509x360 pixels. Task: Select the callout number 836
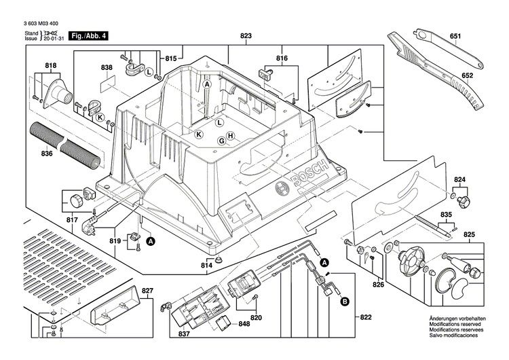46,154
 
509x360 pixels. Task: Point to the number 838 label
107,68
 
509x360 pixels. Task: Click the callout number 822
366,317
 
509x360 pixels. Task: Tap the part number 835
445,215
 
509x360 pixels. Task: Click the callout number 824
460,180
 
